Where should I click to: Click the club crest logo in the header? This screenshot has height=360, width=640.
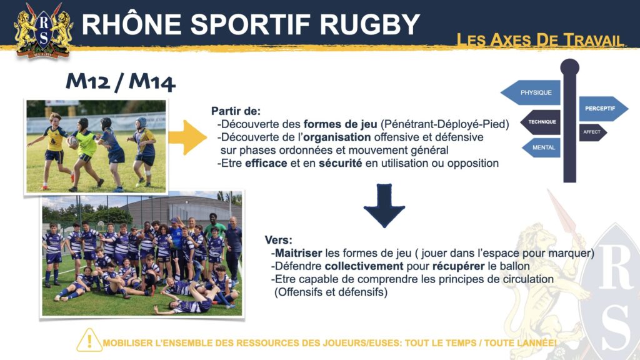click(43, 30)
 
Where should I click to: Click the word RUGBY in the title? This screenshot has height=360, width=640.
click(370, 24)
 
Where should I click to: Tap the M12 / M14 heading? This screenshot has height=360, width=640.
click(121, 82)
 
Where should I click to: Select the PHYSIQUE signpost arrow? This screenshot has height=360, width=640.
click(531, 92)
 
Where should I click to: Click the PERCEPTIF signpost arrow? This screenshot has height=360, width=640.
click(603, 109)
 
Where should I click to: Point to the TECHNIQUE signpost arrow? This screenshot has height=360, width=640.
click(540, 122)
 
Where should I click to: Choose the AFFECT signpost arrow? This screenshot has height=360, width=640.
click(592, 132)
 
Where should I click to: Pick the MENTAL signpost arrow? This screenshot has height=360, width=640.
click(541, 147)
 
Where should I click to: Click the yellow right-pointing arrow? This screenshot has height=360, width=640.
click(187, 137)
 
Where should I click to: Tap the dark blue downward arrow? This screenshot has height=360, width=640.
click(384, 205)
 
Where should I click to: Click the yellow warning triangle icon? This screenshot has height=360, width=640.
click(89, 340)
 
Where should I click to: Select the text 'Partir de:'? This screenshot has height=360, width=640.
click(236, 111)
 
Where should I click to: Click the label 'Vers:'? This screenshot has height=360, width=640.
click(278, 240)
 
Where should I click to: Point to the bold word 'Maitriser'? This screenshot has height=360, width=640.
click(298, 253)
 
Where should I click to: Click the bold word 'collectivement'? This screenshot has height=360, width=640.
click(364, 266)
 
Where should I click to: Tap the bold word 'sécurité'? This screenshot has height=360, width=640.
click(341, 163)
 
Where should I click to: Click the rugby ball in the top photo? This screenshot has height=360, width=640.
click(73, 142)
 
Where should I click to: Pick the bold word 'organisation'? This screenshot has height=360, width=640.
click(337, 137)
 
